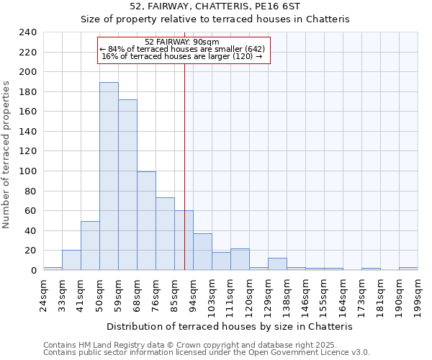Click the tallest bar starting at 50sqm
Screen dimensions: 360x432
click(x=109, y=176)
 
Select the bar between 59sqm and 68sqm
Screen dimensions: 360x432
click(x=127, y=185)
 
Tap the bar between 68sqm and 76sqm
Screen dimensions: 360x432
click(x=146, y=221)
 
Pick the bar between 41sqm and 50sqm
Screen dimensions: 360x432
click(x=90, y=246)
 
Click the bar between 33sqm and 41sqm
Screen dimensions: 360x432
click(x=71, y=260)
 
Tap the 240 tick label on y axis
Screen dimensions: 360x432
click(x=27, y=32)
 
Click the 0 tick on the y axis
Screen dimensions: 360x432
click(x=33, y=271)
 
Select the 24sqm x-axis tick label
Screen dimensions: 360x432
click(x=43, y=294)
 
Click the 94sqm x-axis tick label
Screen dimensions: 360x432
click(x=193, y=294)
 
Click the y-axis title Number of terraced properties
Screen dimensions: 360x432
click(x=6, y=155)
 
